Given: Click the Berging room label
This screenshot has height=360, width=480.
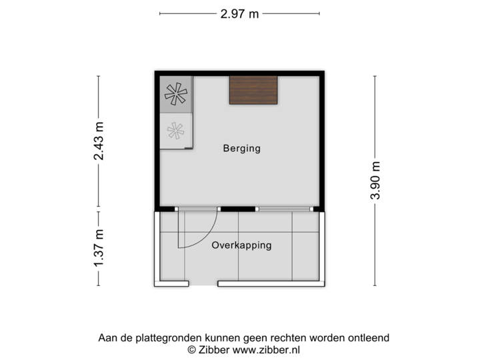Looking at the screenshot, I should (241, 149).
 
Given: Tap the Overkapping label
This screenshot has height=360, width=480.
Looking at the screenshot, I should (241, 245).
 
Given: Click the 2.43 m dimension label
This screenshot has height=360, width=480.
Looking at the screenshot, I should (99, 141).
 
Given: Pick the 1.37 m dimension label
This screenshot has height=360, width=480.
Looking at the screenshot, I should (99, 248).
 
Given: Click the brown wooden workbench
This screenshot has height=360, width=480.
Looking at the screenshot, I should (253, 90).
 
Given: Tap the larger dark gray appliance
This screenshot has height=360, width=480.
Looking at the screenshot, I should (177, 94).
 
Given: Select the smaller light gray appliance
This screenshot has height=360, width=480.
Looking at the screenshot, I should (177, 129).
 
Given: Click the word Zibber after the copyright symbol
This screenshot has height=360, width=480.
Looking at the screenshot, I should (213, 349).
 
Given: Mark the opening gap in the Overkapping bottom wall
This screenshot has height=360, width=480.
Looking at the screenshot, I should (204, 285).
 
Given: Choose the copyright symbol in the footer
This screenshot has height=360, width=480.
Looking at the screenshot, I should (191, 349).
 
